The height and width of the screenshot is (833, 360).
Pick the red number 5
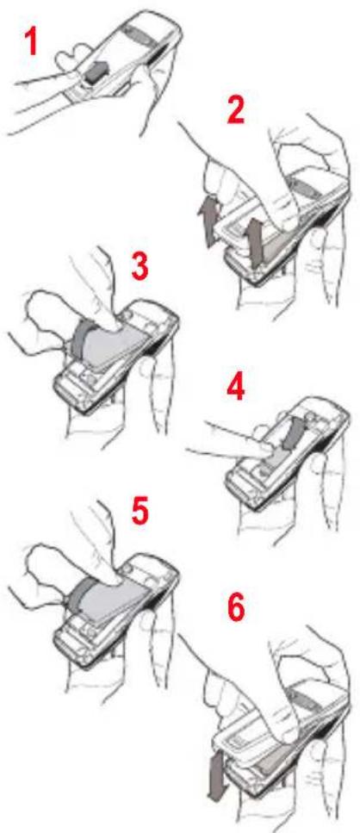[x=140, y=511]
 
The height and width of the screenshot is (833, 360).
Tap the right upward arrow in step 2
[x=257, y=242]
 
